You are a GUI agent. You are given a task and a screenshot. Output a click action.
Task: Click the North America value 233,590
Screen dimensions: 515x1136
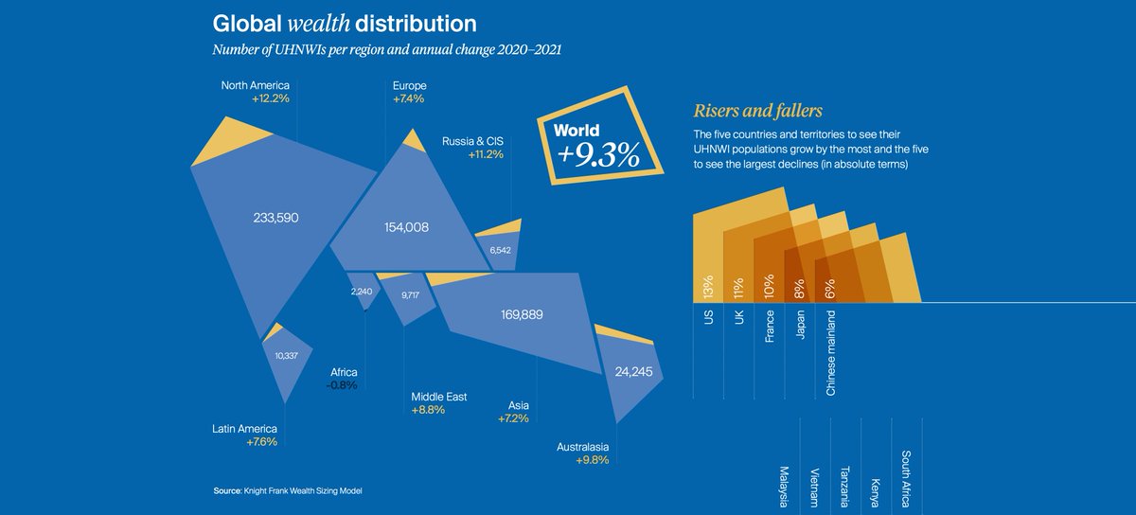pos(276,217)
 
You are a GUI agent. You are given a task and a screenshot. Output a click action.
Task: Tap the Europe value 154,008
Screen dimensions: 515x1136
pos(406,227)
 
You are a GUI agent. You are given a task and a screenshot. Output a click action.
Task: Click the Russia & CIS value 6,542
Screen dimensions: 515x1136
pos(500,250)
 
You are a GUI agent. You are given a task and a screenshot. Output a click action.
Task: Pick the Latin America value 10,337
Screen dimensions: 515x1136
pos(287,356)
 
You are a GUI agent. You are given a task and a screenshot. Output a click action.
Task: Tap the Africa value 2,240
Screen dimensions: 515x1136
pos(362,292)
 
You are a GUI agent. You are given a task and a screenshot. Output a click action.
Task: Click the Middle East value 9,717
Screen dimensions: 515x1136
pos(411,295)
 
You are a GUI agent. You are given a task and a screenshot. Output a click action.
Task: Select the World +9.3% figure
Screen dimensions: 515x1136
pos(598,154)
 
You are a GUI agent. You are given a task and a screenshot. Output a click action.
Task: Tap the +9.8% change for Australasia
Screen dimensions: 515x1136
pos(592,460)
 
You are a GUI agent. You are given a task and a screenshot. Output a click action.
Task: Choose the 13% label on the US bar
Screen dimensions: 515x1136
pos(707,287)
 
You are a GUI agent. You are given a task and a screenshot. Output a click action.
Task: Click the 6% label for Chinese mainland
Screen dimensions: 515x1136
pos(830,289)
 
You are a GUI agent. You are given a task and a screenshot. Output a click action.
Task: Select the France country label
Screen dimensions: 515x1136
pos(770,325)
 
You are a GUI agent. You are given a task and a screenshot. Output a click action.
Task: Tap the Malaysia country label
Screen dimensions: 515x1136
pos(784,484)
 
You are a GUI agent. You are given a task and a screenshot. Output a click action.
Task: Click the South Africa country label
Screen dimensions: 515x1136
pos(906,479)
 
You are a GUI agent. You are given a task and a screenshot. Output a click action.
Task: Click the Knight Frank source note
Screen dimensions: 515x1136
pos(288,490)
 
